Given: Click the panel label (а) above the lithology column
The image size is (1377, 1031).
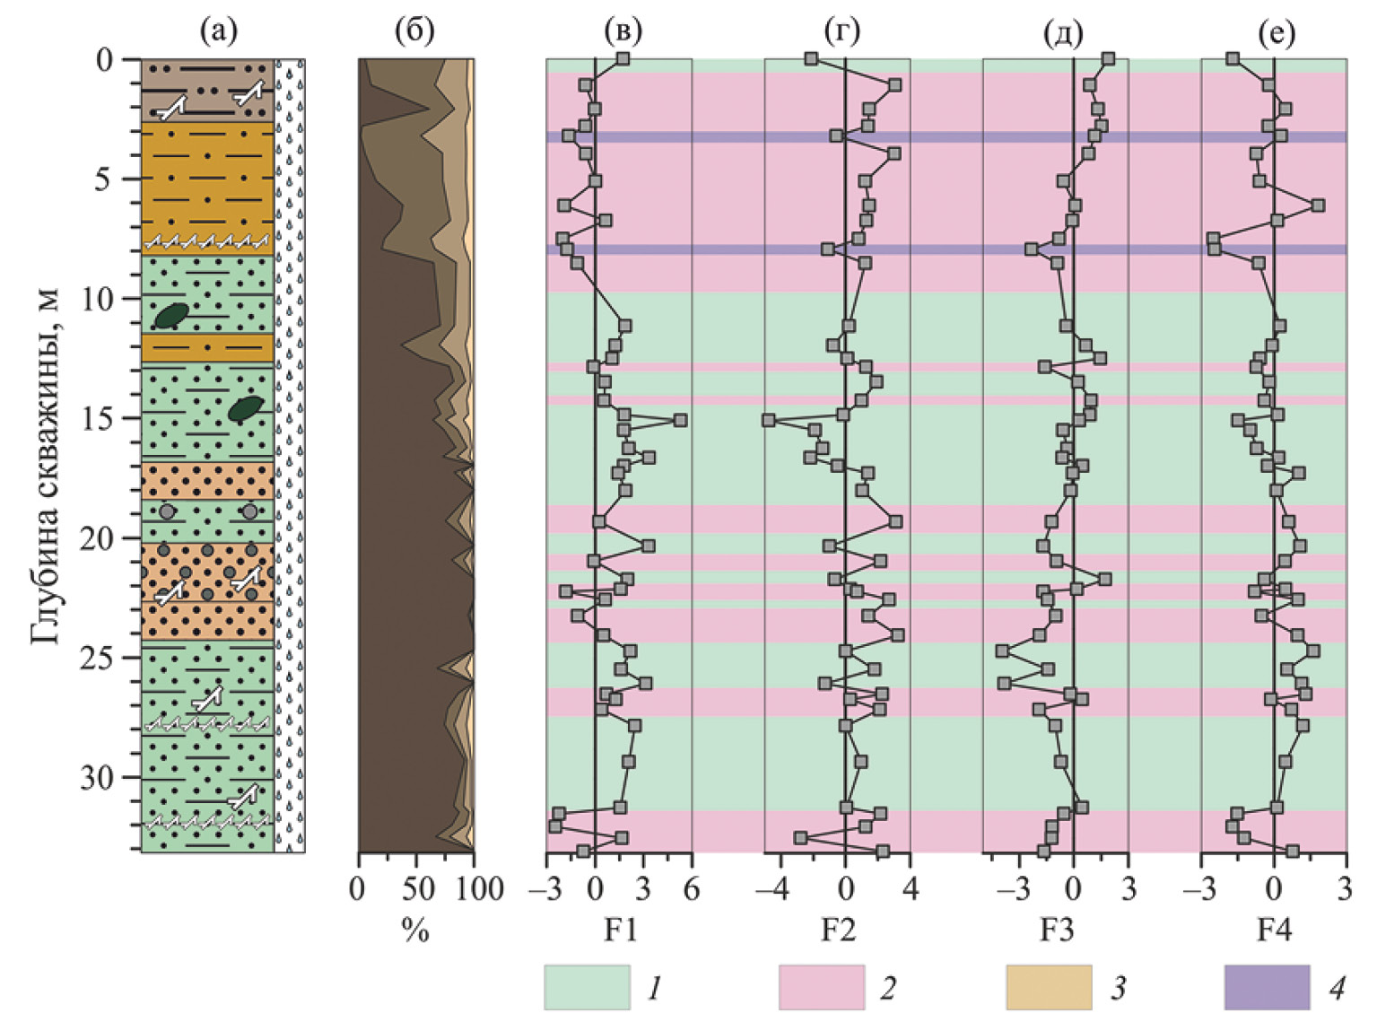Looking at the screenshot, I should pyautogui.click(x=219, y=32).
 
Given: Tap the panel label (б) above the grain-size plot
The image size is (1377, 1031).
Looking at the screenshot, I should pyautogui.click(x=414, y=32).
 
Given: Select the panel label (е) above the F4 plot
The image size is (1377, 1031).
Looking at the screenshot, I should pyautogui.click(x=1277, y=32).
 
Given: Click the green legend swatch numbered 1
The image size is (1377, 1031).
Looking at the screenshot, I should pyautogui.click(x=587, y=988).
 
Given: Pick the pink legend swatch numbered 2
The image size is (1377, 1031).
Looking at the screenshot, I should pyautogui.click(x=822, y=988).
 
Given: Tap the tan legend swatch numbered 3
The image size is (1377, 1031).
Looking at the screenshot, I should pyautogui.click(x=1049, y=988).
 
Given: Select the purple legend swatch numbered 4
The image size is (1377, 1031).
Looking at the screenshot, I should pyautogui.click(x=1267, y=988).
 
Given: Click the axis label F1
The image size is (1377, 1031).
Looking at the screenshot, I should pyautogui.click(x=620, y=930).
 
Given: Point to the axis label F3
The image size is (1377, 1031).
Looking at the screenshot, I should pyautogui.click(x=1057, y=930).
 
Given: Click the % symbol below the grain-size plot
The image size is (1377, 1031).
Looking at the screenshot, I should pyautogui.click(x=415, y=931).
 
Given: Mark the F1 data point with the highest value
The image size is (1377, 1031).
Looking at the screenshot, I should pyautogui.click(x=680, y=420).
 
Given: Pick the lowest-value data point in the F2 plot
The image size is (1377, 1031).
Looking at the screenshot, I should pyautogui.click(x=769, y=420).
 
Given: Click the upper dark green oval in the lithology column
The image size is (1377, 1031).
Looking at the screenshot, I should pyautogui.click(x=171, y=315).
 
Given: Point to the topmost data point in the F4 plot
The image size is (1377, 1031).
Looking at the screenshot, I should pyautogui.click(x=1233, y=58).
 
